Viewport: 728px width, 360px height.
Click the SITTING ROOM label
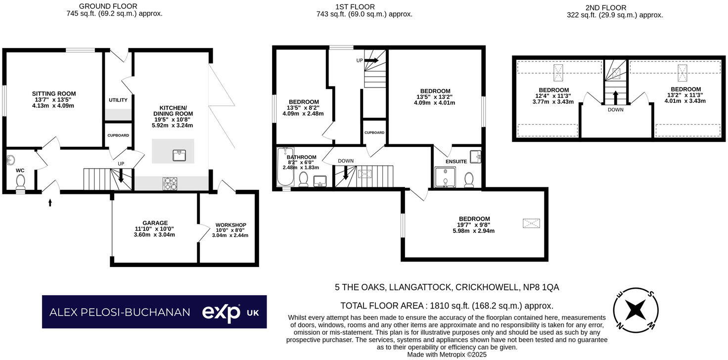pos(54,93)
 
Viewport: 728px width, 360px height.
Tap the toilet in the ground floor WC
pos(20,184)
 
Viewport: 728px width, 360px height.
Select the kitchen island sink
pos(180,155)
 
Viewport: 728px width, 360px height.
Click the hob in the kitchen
pos(170,184)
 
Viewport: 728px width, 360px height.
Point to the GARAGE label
pos(155,223)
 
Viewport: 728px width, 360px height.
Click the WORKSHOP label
pos(230,225)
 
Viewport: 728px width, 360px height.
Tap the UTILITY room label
pos(118,100)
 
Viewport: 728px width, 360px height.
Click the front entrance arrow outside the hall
pos(50,202)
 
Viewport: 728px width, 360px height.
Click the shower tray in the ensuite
pos(445,177)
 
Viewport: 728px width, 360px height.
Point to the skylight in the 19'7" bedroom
pos(531,223)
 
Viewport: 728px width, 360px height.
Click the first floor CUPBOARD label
pos(374,133)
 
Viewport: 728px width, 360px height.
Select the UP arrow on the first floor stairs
pos(371,60)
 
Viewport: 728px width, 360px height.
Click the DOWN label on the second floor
pos(616,110)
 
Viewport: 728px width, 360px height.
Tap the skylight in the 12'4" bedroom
pos(559,73)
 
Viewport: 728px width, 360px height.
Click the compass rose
pos(636,310)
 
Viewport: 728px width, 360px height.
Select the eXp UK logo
pos(230,313)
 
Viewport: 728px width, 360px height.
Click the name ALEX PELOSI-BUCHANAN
pos(120,312)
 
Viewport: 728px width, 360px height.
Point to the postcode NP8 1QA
pos(541,287)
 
